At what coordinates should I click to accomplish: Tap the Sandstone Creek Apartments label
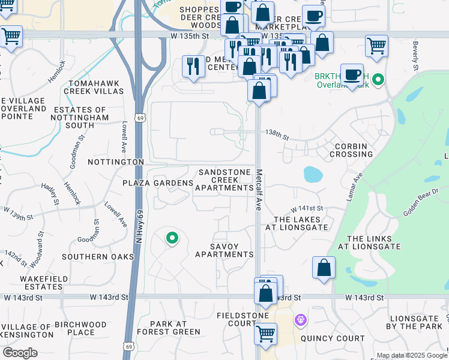pyautogui.click(x=224, y=179)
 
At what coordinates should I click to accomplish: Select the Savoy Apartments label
pyautogui.click(x=224, y=250)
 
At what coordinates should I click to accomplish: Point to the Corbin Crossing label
pyautogui.click(x=351, y=150)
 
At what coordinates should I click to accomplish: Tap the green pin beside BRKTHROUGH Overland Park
pyautogui.click(x=378, y=79)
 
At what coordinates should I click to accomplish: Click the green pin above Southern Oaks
pyautogui.click(x=172, y=239)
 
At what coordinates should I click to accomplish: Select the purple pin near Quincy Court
pyautogui.click(x=300, y=321)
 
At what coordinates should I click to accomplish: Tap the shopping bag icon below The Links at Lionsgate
pyautogui.click(x=324, y=269)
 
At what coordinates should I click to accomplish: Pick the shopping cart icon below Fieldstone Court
pyautogui.click(x=265, y=334)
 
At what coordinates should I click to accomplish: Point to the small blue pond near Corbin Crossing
pyautogui.click(x=312, y=175)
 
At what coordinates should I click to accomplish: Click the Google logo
pyautogui.click(x=20, y=353)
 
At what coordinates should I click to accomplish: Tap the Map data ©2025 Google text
pyautogui.click(x=411, y=355)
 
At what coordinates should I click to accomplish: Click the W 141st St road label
pyautogui.click(x=307, y=208)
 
